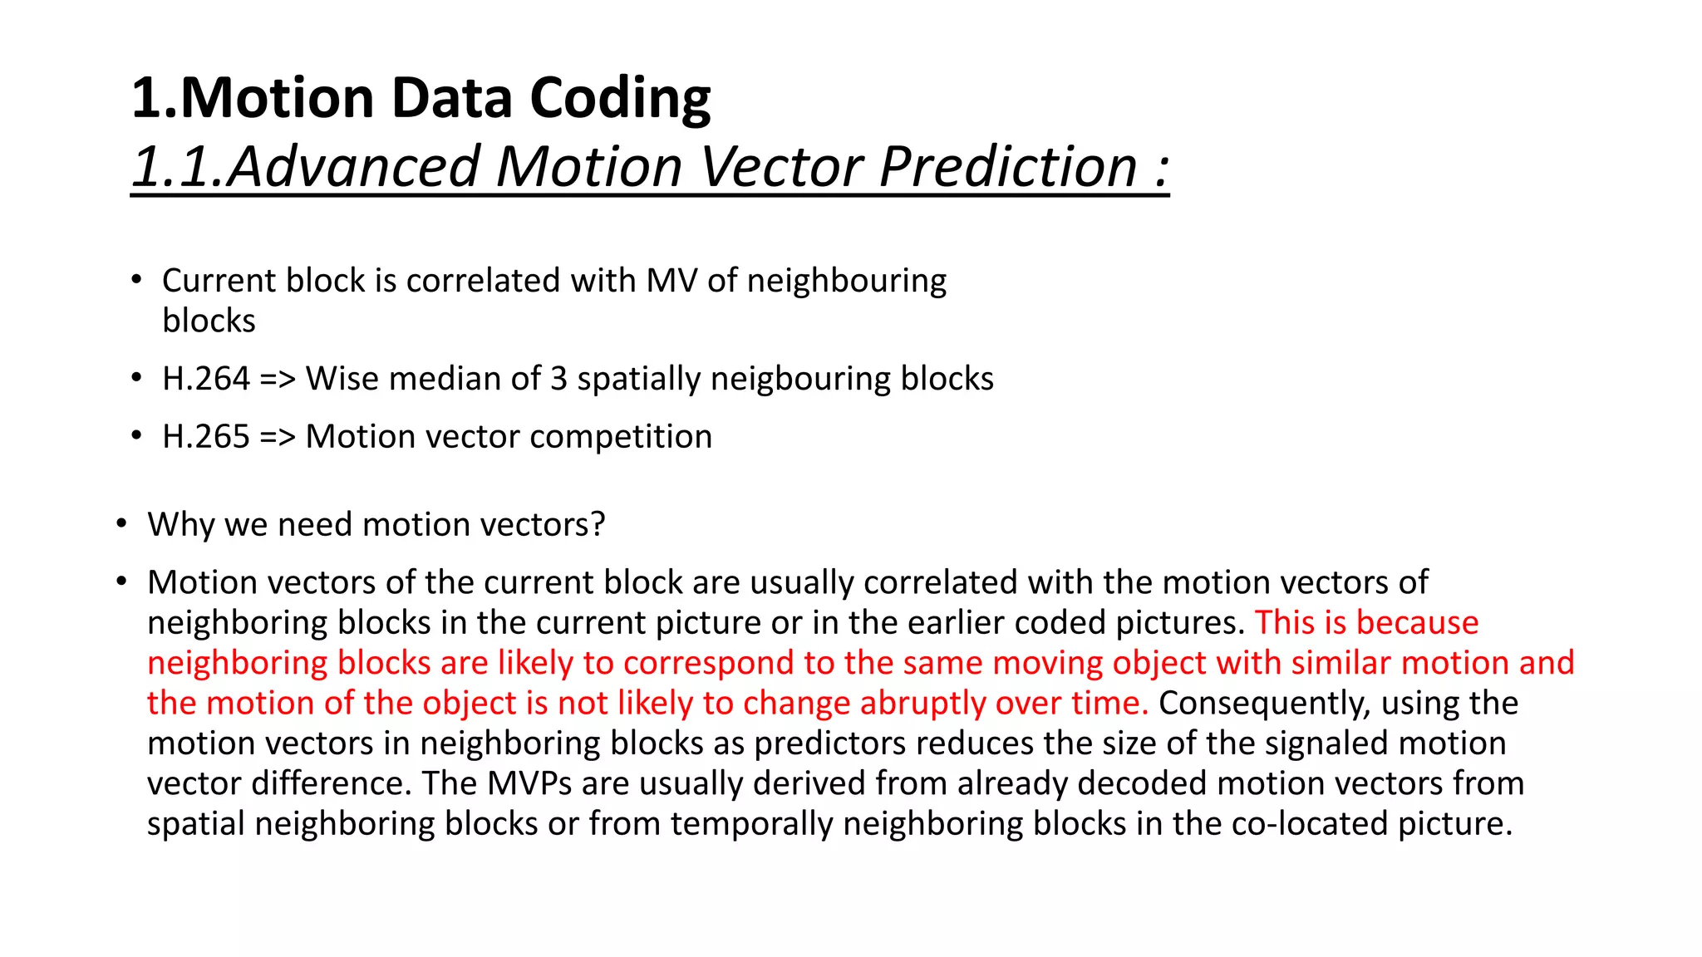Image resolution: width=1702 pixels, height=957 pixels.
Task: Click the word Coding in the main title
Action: [619, 99]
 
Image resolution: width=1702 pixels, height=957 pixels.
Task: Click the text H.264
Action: [205, 379]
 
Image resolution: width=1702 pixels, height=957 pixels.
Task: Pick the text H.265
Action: [205, 437]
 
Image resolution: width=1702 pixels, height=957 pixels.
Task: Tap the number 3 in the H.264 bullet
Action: [558, 379]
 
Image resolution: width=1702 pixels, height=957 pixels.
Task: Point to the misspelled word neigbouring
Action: [800, 379]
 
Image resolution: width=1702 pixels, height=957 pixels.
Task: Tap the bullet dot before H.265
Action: [136, 435]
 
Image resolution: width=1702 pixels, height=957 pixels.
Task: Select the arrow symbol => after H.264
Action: [278, 380]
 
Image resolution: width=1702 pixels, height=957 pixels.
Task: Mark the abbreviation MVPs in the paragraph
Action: [529, 783]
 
